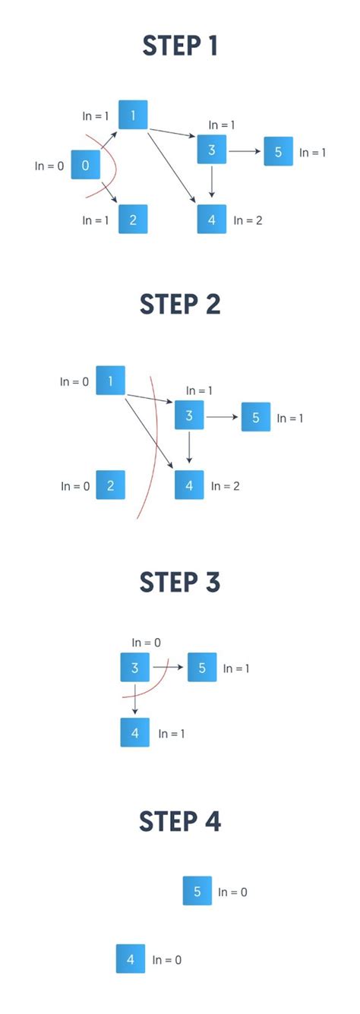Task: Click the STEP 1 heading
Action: coord(180,46)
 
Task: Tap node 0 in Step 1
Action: coord(85,165)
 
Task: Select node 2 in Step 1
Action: coord(133,220)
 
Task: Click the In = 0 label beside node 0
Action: coord(49,166)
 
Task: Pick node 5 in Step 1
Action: coord(278,152)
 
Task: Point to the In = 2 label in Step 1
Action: coord(248,220)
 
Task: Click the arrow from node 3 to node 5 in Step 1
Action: coord(245,151)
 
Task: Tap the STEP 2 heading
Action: coord(180,304)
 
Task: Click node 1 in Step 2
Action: coord(111,381)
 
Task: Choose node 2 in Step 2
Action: coord(111,485)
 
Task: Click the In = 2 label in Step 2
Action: coord(226,485)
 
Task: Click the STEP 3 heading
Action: coord(180,583)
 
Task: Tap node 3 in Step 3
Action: coord(134,668)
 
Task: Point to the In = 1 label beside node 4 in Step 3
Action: coord(172,734)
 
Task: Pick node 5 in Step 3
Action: coord(202,668)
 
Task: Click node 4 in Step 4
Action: coord(131,959)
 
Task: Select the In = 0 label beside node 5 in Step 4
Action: coord(232,892)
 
